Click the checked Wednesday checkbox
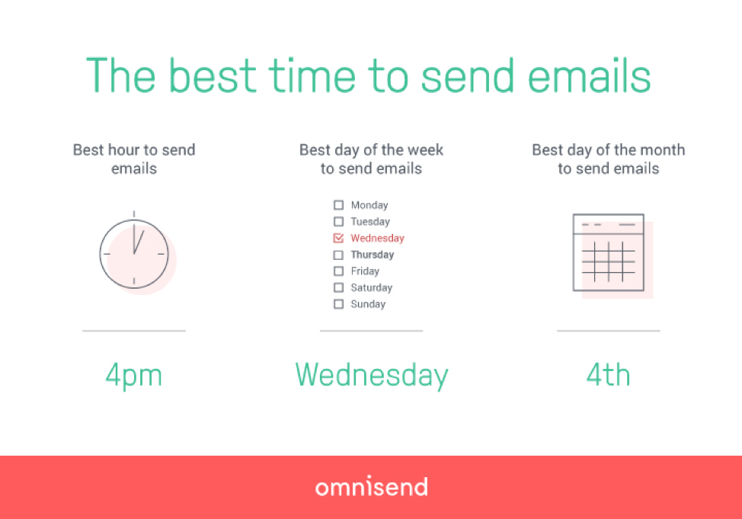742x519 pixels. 338,238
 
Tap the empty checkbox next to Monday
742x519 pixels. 338,205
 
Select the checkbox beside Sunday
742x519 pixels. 338,304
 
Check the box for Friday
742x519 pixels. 338,271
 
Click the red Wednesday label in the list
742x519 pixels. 377,239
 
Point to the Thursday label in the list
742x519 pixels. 372,255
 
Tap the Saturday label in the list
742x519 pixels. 372,287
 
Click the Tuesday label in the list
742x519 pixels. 370,222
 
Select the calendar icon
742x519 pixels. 612,256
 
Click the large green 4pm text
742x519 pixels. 134,375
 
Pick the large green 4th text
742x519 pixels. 609,374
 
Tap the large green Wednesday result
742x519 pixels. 372,375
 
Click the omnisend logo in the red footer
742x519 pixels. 372,486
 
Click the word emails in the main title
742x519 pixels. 589,75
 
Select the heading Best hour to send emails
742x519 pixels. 134,159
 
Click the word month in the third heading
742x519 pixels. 662,150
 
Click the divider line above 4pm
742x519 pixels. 134,331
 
